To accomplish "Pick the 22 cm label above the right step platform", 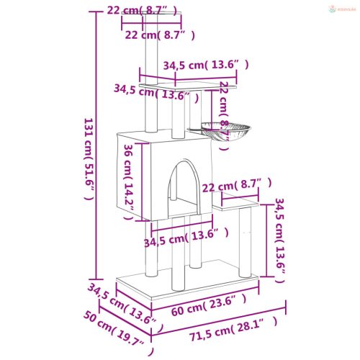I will click(x=237, y=186).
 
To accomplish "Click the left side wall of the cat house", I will click(x=129, y=173).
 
